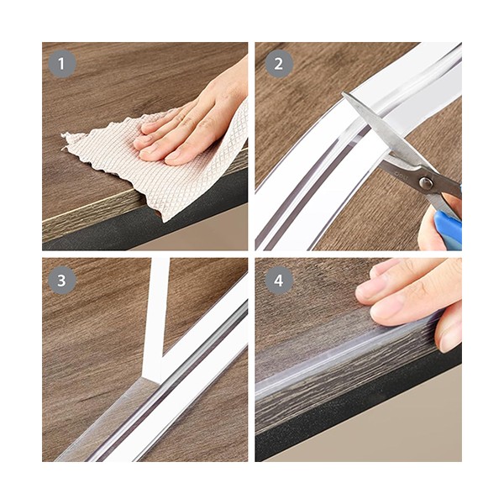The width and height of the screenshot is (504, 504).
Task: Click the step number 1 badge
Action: (x=62, y=64)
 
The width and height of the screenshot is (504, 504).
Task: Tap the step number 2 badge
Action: (x=279, y=64)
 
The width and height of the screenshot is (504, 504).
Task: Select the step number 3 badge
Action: (x=62, y=281)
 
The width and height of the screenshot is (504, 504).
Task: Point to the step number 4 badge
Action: (x=279, y=281)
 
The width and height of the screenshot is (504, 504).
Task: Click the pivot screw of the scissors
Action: (x=426, y=183)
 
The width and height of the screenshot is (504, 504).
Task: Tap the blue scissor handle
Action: (x=448, y=229)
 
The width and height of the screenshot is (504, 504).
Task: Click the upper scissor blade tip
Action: (x=344, y=94)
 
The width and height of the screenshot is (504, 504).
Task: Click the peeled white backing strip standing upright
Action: (x=156, y=318)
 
